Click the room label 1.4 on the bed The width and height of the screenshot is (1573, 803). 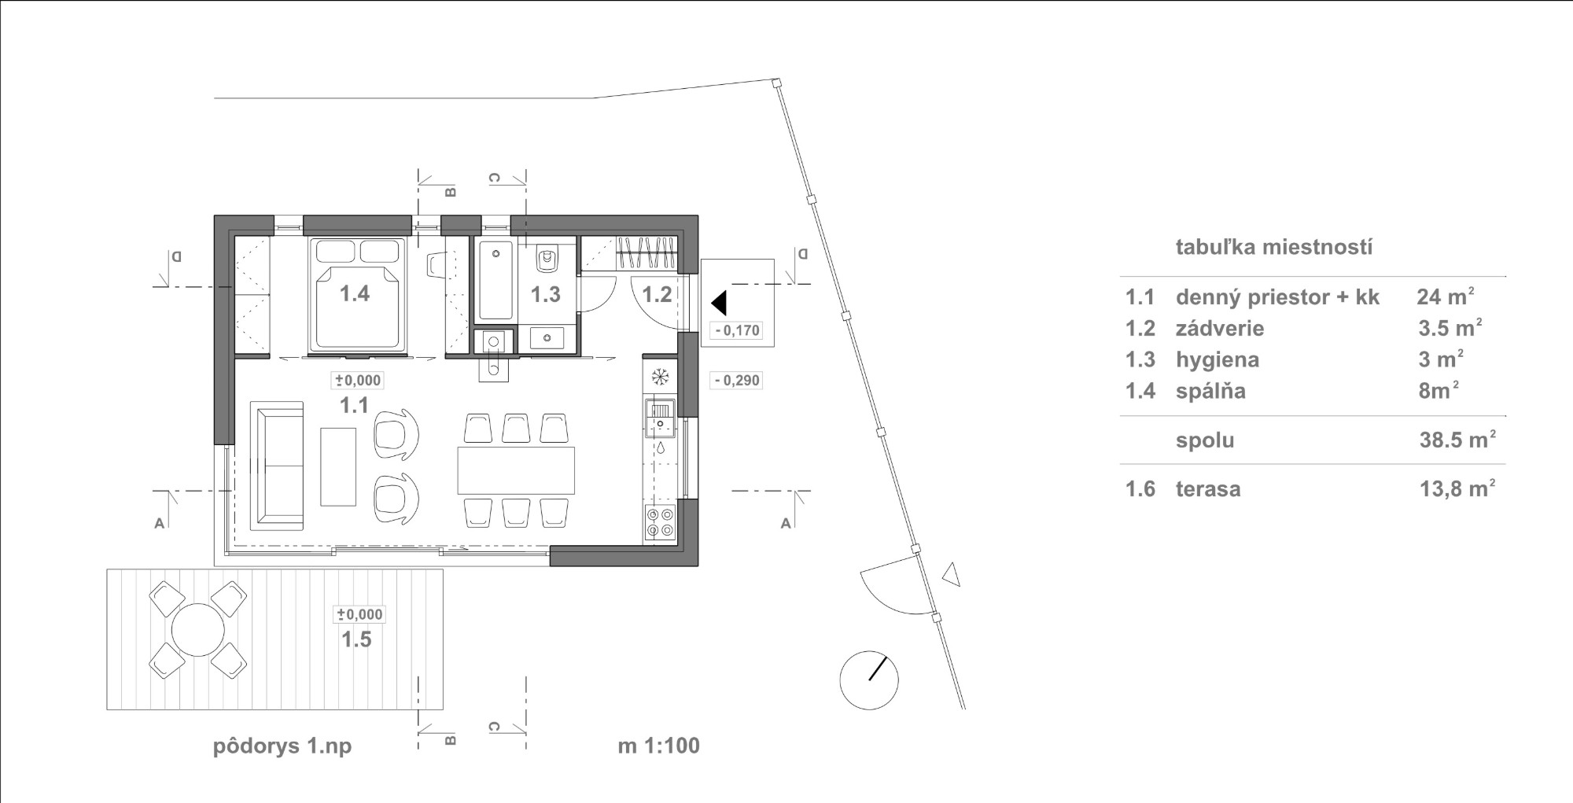tap(355, 294)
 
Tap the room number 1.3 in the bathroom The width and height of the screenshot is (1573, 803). tap(545, 295)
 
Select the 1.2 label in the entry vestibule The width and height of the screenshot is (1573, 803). tap(657, 295)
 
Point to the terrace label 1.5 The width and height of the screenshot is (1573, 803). tap(356, 639)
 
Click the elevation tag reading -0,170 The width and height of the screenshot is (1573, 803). tap(737, 330)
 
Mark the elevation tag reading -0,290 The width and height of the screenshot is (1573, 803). tap(737, 381)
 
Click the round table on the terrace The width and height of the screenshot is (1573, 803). tap(198, 629)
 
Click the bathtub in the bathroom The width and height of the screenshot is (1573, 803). tap(495, 280)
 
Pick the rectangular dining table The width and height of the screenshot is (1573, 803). tap(516, 470)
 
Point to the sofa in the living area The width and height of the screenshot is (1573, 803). tap(277, 466)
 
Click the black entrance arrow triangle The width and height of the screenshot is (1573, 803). tap(718, 303)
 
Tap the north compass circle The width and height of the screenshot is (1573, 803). tap(869, 680)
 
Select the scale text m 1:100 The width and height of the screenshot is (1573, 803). tap(658, 746)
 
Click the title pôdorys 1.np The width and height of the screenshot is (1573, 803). tap(282, 746)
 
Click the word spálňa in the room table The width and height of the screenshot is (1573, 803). tap(1210, 391)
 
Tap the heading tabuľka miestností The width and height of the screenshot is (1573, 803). tap(1274, 247)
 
